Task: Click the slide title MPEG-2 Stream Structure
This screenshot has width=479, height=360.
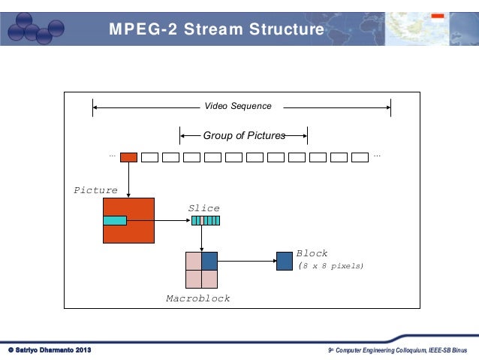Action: (x=216, y=30)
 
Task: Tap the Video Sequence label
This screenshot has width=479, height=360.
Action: (x=238, y=107)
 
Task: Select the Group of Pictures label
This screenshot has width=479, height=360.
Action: (x=244, y=136)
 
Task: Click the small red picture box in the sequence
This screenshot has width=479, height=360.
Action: (x=128, y=157)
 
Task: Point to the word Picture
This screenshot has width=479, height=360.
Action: (x=95, y=191)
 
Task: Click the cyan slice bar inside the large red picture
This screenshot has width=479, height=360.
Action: (x=114, y=220)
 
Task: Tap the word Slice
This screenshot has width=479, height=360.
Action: (x=203, y=208)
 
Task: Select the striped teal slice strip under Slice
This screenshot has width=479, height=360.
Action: (x=205, y=221)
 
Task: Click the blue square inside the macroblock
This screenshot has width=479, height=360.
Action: (x=209, y=261)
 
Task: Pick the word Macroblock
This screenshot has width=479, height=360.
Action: (x=197, y=299)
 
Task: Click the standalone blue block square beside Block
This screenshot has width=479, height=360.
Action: (x=284, y=261)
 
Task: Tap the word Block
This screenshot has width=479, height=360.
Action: (x=312, y=254)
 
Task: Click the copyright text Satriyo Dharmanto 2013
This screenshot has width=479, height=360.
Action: (x=50, y=351)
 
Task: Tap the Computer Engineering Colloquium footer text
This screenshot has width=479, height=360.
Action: (x=398, y=351)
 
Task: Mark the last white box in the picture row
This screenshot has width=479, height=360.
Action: (x=360, y=157)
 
